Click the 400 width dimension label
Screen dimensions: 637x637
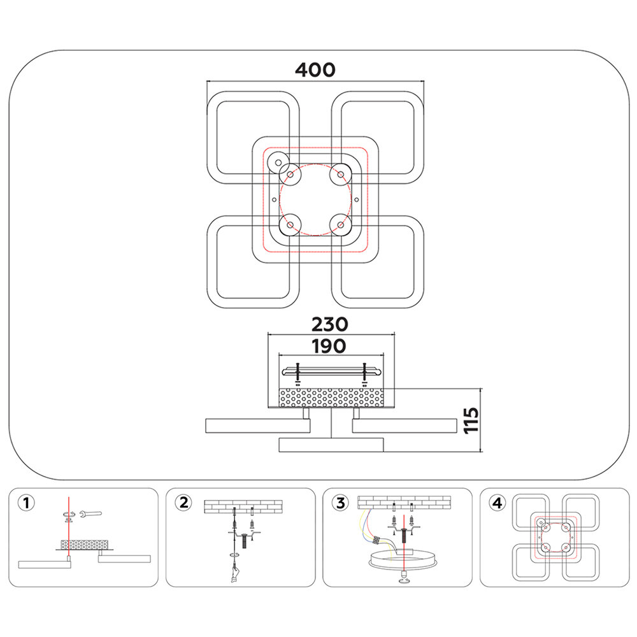tap(315, 69)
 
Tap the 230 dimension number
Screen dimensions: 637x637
tap(329, 324)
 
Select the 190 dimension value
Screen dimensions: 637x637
tap(329, 345)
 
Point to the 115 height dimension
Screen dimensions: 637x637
tap(471, 420)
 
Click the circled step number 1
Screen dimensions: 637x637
tap(25, 503)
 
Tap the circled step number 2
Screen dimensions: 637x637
tap(183, 503)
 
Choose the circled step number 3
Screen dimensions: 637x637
tap(341, 503)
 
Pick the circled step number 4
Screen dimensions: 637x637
tap(497, 503)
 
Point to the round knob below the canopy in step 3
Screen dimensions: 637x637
tap(404, 576)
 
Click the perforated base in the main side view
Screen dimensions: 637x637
tap(330, 398)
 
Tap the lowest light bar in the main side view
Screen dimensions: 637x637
tap(331, 445)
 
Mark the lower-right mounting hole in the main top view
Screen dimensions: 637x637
tap(341, 225)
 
